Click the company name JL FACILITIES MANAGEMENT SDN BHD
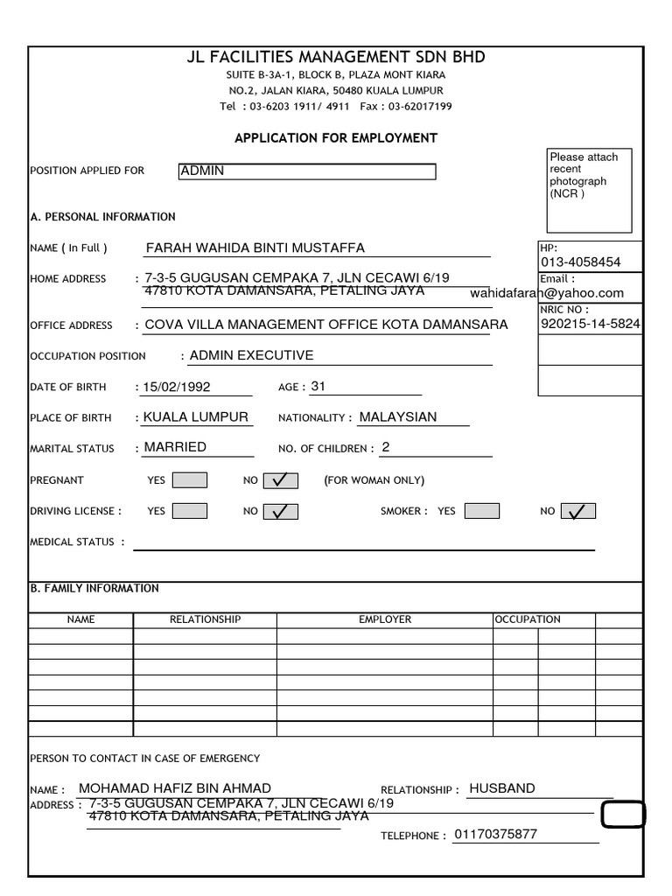coord(336,58)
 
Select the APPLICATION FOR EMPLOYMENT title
coord(336,138)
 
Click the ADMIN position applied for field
coord(306,171)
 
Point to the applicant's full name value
coord(255,248)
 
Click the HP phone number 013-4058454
coord(581,262)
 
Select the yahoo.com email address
coord(547,293)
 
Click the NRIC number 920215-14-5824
coord(591,324)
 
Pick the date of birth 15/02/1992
coord(178,387)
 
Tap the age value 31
coord(318,386)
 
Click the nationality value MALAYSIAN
coord(397,416)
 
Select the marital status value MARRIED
coord(175,447)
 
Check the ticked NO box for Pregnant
coord(280,480)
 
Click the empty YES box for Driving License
coord(190,511)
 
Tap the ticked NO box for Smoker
coord(577,511)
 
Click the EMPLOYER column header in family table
coord(385,619)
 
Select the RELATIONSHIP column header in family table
coord(205,619)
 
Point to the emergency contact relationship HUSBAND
coord(502,788)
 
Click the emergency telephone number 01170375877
coord(495,835)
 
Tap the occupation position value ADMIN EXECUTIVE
coord(251,355)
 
